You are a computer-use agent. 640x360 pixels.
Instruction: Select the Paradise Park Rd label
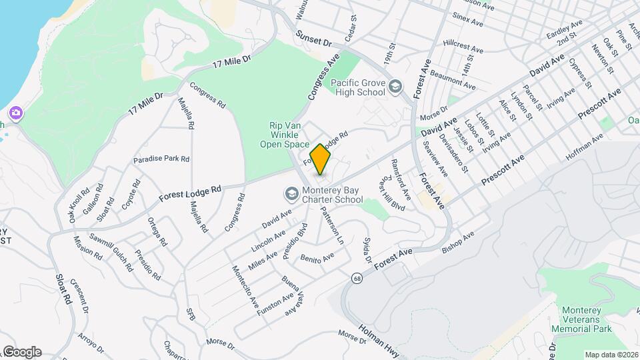[161, 159]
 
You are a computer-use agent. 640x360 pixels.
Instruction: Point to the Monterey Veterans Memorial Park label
[587, 320]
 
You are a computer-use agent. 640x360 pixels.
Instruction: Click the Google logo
[21, 352]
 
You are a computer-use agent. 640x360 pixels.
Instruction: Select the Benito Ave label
[317, 257]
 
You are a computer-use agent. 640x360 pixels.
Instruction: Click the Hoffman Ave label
[583, 145]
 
